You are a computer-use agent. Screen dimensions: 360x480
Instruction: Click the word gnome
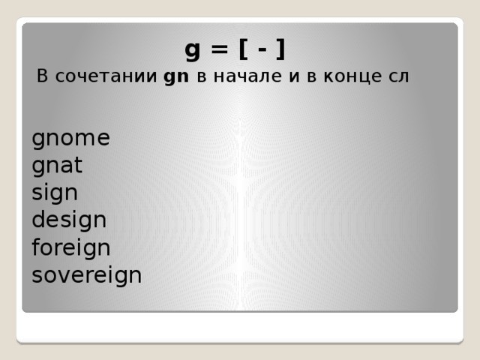tap(70, 139)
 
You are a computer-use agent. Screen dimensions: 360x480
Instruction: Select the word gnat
tap(57, 166)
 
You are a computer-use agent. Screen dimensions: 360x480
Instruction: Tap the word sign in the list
tap(55, 193)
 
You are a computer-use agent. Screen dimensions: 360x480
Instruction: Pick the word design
tap(69, 220)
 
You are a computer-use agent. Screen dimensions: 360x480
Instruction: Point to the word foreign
tap(71, 248)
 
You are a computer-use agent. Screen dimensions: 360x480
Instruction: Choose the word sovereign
tap(86, 275)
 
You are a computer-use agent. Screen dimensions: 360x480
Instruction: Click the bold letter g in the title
tap(193, 51)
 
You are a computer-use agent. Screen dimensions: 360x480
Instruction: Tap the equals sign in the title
tap(219, 50)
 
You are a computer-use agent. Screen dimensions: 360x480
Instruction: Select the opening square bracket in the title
tap(244, 50)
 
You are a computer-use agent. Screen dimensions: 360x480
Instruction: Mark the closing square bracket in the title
tap(280, 50)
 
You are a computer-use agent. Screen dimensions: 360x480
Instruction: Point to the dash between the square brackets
tap(262, 51)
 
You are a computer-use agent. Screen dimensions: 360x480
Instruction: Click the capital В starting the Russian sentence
tap(43, 77)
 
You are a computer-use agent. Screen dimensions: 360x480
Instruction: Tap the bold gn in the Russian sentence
tap(176, 78)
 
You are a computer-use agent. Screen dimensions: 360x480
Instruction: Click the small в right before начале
tap(201, 77)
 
